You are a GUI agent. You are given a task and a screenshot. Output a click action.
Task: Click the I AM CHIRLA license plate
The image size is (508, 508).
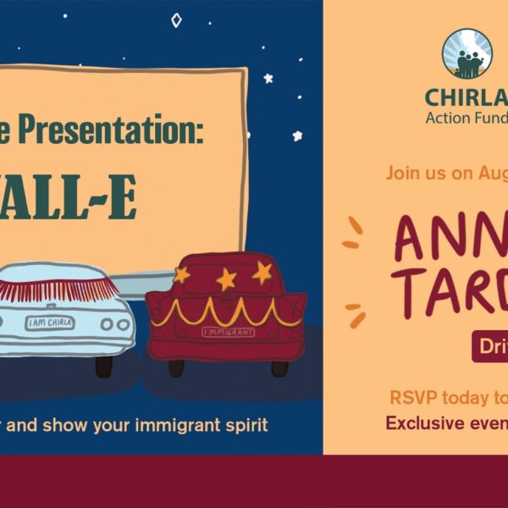click(x=49, y=323)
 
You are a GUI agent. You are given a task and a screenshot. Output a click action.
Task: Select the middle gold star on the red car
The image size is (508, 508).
click(x=226, y=279)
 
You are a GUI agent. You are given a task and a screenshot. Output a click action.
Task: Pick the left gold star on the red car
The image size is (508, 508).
click(x=181, y=274)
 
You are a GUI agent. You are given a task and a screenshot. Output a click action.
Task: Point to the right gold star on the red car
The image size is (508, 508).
click(x=262, y=272)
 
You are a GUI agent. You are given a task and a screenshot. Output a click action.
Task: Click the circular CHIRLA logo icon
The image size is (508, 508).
click(x=467, y=53)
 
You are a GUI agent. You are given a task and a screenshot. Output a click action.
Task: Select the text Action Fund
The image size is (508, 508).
click(x=467, y=117)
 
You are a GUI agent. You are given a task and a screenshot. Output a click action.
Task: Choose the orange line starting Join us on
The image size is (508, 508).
click(x=446, y=174)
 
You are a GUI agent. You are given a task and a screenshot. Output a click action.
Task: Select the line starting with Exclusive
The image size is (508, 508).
click(x=446, y=422)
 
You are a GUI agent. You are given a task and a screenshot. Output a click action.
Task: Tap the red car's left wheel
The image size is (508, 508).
click(x=176, y=367)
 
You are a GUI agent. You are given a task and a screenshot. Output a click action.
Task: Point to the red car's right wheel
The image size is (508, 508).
click(x=279, y=367)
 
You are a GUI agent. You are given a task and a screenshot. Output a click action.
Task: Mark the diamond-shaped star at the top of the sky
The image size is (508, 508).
click(x=176, y=19)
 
